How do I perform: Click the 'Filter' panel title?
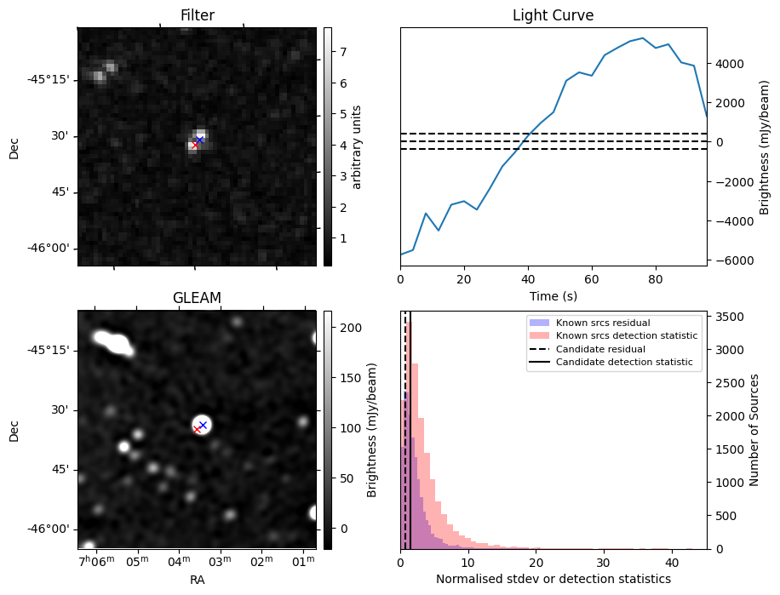point(197,15)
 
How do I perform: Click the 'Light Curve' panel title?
point(553,15)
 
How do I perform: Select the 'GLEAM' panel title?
point(197,298)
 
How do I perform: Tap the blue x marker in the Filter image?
point(199,140)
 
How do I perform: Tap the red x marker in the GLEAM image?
point(197,429)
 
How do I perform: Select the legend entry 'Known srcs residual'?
point(590,323)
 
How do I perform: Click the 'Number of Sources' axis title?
point(754,430)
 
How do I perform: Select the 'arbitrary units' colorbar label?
point(357,146)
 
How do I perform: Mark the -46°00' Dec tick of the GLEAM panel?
point(51,529)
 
